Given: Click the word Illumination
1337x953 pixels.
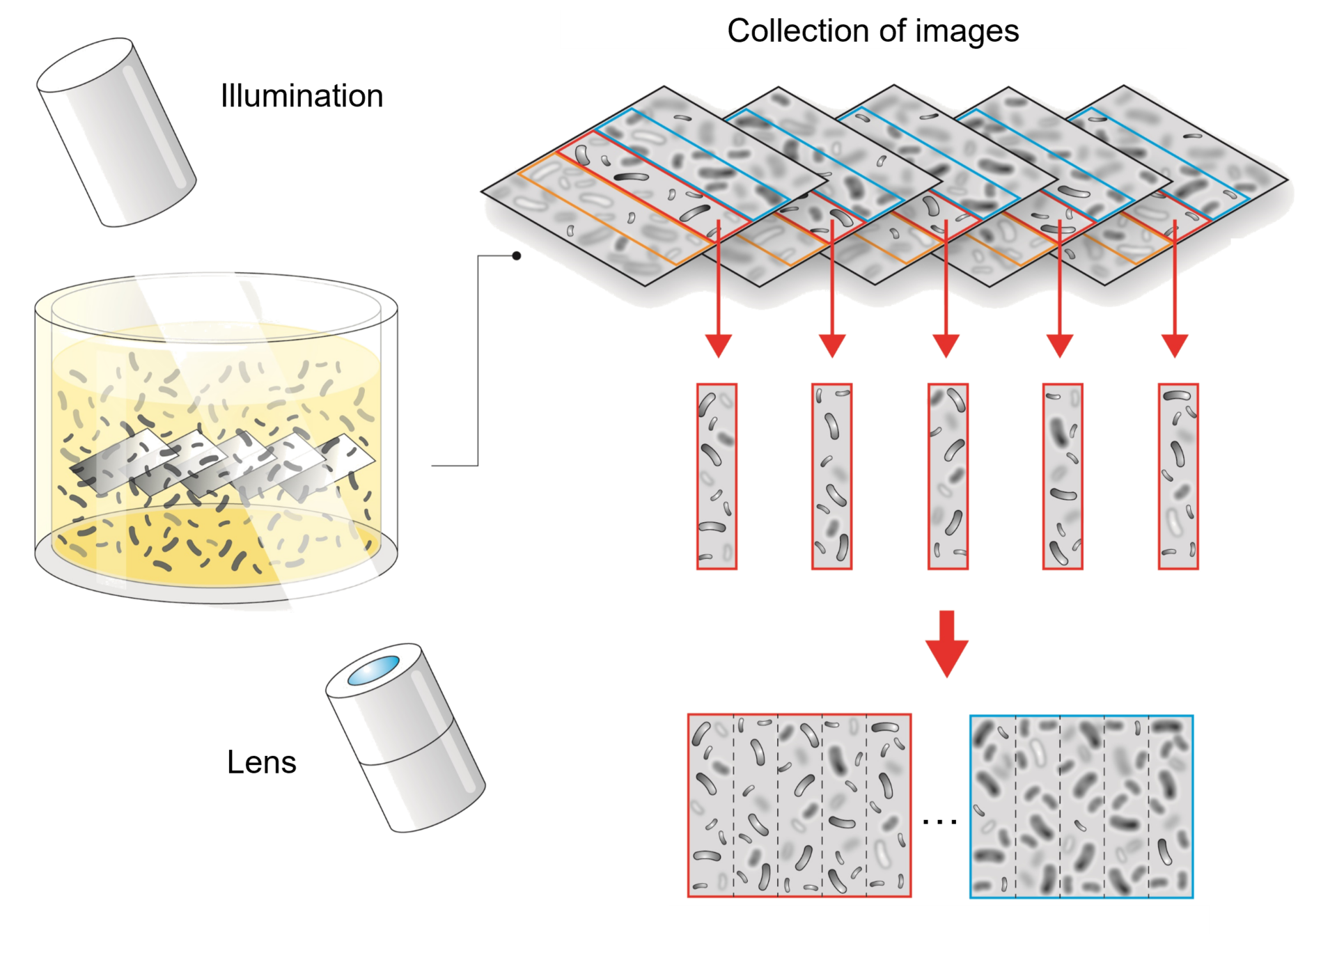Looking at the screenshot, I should click(302, 95).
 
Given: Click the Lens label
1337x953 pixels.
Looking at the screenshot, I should click(261, 762).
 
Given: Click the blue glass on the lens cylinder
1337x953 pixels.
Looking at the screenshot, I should click(375, 670).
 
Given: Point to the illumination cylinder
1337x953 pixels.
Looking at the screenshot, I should click(116, 132).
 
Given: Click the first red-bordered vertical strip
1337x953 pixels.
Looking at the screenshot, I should click(717, 477).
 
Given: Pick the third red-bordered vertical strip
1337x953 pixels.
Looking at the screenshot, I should click(948, 477).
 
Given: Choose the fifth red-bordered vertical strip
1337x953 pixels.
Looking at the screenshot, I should click(1178, 477).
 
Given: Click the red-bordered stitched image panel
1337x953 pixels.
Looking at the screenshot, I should click(799, 805).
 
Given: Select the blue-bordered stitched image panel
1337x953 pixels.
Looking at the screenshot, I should click(1081, 806).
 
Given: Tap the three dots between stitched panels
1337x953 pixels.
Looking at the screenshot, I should click(939, 821).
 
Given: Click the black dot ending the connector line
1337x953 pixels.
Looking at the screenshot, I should click(517, 256).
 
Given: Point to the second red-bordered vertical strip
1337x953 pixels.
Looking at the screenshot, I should click(831, 477).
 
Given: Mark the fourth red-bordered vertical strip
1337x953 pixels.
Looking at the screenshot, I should click(1063, 477).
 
